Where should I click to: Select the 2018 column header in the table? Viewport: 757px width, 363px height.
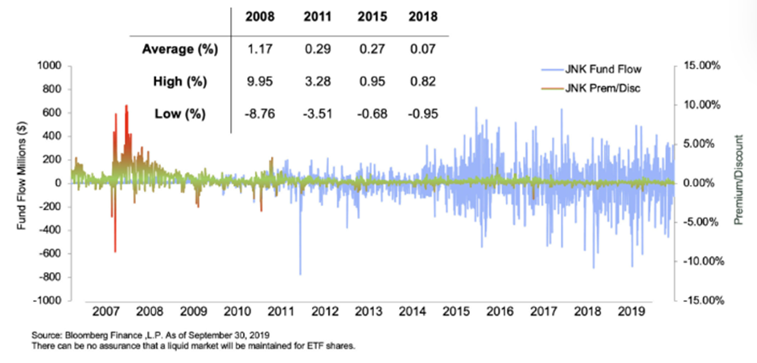click(x=425, y=16)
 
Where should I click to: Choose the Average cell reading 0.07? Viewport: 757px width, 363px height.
click(x=424, y=49)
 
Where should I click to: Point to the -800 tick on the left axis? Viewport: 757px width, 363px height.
click(x=47, y=277)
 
